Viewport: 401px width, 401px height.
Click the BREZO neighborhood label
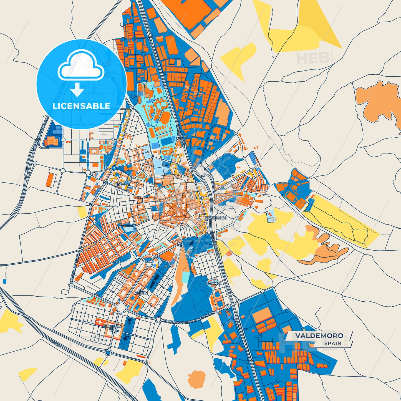click(x=121, y=185)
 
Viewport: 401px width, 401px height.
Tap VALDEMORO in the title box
click(x=319, y=336)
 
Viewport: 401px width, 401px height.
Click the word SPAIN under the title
click(x=333, y=343)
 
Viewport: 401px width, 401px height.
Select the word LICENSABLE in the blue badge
click(x=81, y=106)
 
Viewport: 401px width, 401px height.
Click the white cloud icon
click(x=80, y=67)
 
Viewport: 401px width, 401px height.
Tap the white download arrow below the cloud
click(x=77, y=89)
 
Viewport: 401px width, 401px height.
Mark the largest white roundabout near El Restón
click(x=121, y=307)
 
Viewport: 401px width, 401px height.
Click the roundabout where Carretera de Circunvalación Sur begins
click(x=158, y=320)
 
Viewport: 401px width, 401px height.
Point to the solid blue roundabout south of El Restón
click(x=108, y=352)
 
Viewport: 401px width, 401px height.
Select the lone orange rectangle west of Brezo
click(x=51, y=180)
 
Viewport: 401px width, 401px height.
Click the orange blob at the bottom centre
click(x=196, y=379)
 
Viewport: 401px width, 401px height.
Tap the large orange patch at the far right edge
click(x=379, y=101)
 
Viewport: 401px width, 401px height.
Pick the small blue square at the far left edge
click(x=4, y=281)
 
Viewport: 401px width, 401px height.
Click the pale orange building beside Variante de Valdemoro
click(x=52, y=141)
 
